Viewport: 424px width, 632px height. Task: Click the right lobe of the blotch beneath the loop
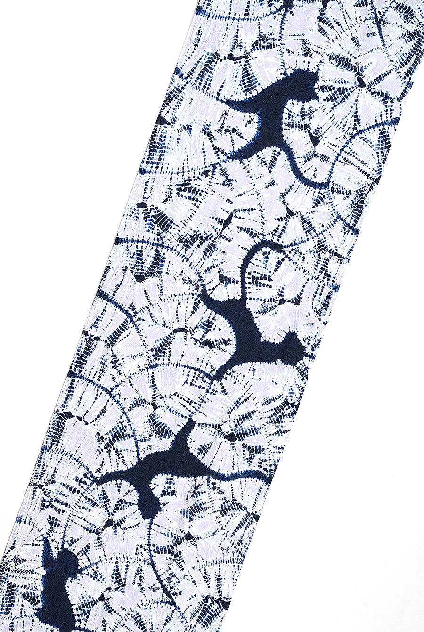click(292, 348)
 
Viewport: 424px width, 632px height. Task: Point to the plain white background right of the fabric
click(377, 424)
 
